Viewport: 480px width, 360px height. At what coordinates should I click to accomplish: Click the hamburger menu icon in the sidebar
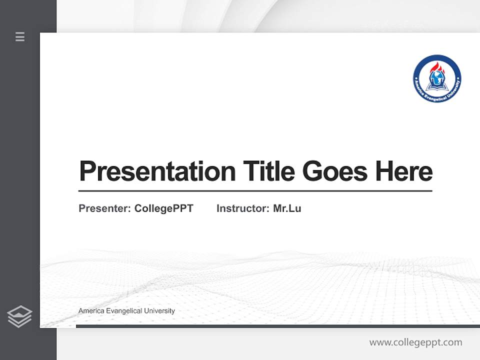click(20, 36)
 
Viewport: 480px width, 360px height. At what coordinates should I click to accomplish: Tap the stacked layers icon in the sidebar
click(19, 316)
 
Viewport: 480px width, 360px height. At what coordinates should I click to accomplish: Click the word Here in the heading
click(404, 171)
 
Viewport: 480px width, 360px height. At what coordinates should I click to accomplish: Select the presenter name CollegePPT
click(163, 208)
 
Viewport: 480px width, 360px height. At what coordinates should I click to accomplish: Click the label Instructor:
click(243, 208)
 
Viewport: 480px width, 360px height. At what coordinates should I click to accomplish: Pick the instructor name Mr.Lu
click(287, 208)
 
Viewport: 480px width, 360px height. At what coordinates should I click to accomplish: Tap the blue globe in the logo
click(437, 77)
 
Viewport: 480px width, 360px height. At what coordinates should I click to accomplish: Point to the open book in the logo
click(437, 86)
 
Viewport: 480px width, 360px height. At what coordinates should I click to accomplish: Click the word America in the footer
click(90, 311)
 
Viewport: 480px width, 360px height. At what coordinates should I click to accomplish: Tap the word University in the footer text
click(159, 311)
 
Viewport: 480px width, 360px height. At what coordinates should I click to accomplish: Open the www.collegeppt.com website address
click(415, 342)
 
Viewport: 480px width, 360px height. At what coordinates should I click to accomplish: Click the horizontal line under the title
click(255, 191)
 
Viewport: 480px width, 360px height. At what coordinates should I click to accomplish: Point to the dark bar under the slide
click(277, 326)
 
